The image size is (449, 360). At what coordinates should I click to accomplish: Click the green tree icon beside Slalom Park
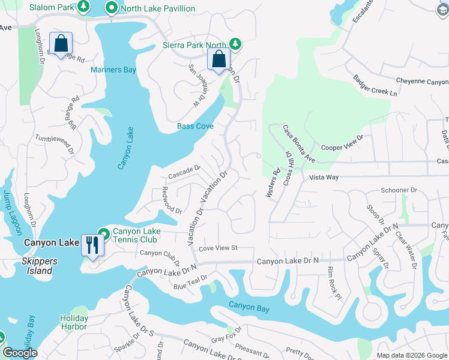pos(85,7)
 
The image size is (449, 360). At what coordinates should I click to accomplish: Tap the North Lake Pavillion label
pos(157,8)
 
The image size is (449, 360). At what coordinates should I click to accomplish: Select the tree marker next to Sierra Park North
pos(236,44)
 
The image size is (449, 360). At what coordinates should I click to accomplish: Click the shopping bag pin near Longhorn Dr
pos(61,44)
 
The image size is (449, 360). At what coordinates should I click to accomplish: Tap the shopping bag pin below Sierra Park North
pos(219,59)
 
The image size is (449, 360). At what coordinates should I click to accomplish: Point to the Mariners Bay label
pos(113,70)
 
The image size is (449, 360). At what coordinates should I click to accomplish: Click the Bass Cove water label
pos(195,126)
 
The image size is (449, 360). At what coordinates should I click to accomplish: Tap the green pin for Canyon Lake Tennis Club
pos(103,233)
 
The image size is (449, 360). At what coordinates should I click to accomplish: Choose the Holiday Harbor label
pos(74,322)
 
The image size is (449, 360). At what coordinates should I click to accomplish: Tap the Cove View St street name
pos(218,248)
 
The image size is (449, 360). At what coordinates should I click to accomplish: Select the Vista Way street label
pos(324,178)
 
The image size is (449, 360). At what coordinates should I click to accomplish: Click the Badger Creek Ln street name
pos(375,85)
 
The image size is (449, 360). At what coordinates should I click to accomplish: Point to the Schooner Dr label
pos(399,190)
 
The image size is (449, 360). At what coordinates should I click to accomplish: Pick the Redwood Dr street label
pos(167,203)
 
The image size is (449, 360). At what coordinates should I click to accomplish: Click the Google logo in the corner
pos(20,353)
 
